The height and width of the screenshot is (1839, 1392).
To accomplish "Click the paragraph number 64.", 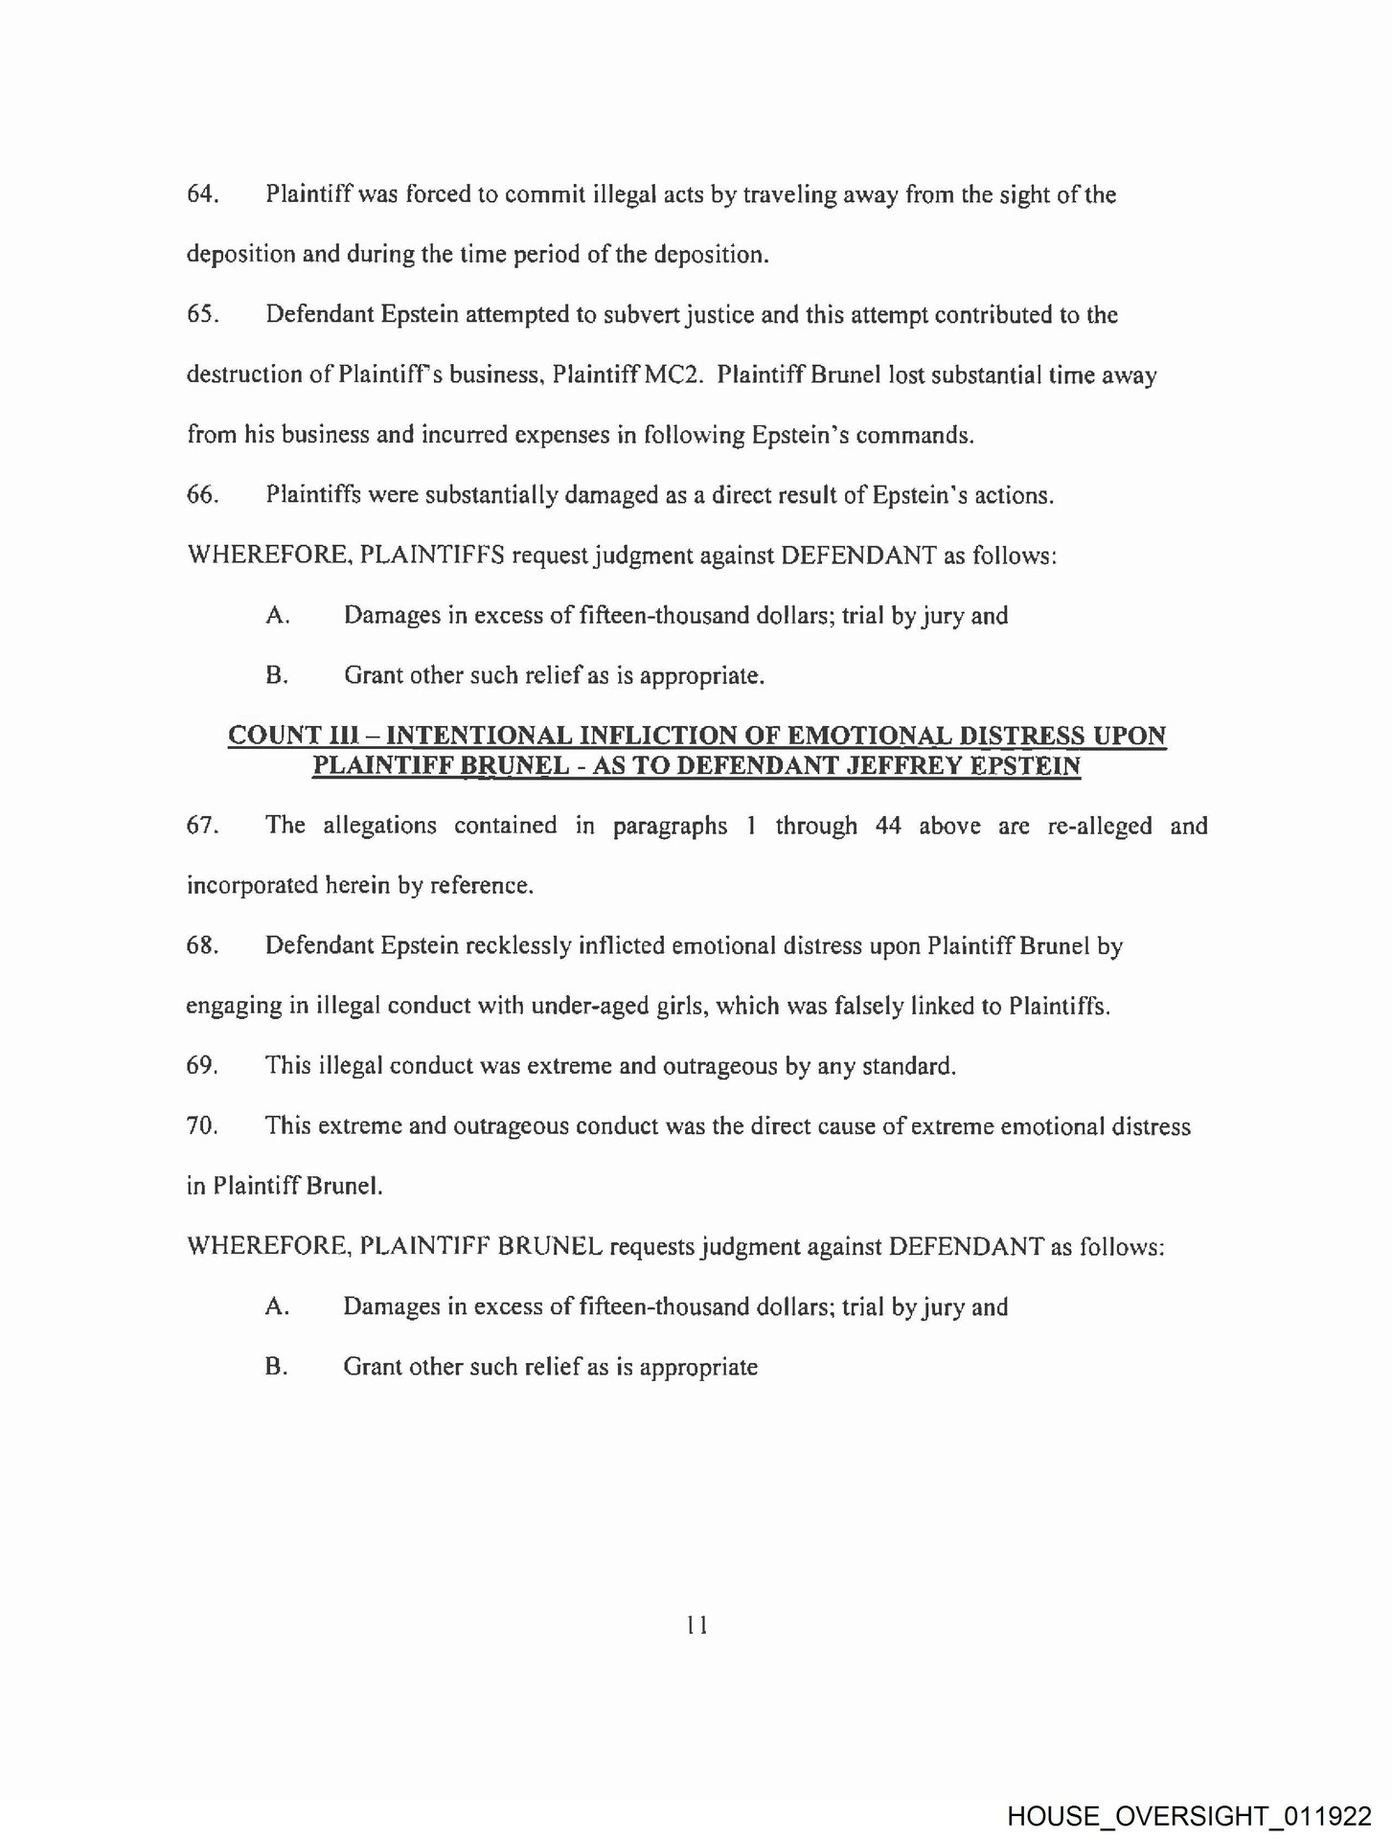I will click(x=202, y=194).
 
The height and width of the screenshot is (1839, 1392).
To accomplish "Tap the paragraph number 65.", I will click(x=202, y=315).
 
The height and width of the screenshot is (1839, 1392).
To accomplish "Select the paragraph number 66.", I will click(x=202, y=495).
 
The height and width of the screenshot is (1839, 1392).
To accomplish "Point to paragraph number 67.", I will click(x=202, y=826).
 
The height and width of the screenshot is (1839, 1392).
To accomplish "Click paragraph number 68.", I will click(x=202, y=946).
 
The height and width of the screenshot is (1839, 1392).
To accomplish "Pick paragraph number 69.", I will click(x=202, y=1066).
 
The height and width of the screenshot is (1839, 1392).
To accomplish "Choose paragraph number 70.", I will click(x=202, y=1126).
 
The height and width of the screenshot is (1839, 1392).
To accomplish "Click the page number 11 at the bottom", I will click(x=696, y=1624).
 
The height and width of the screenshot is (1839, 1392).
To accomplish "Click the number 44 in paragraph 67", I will click(x=888, y=826).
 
